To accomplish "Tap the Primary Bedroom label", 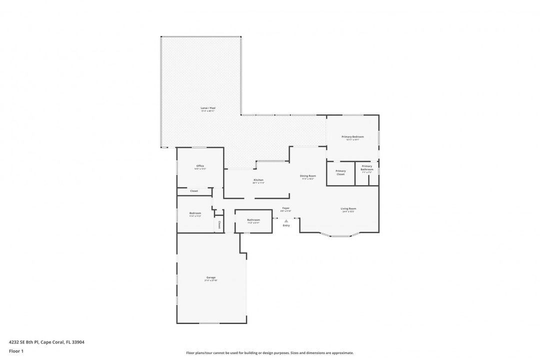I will click(352, 136).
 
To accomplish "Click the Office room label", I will click(200, 166).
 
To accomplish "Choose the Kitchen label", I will click(258, 180).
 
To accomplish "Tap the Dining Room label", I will click(307, 176).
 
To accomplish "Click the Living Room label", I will click(348, 208).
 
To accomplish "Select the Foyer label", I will click(285, 208).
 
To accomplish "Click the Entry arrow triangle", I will click(286, 220).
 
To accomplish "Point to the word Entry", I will click(286, 225).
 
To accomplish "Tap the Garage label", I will click(211, 277).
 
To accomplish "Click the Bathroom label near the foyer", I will click(253, 220).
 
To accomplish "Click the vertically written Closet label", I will click(219, 225).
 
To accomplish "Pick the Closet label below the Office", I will click(194, 191).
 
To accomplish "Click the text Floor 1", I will click(16, 351).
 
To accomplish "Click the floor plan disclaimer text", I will click(269, 352).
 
